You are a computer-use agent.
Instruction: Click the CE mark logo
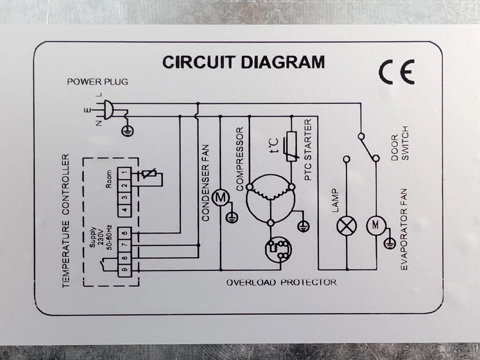point(396,73)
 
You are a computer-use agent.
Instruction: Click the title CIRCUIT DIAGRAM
point(243,62)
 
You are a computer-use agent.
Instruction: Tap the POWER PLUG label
point(97,82)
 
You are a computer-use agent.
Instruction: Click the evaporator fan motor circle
point(375,225)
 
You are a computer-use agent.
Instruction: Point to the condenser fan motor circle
point(220,198)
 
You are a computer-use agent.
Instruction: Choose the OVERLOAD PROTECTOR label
point(281,283)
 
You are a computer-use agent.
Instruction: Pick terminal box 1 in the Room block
point(124,174)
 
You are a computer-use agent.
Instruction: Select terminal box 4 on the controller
point(124,210)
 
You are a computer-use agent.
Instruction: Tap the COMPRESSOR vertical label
point(240,159)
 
